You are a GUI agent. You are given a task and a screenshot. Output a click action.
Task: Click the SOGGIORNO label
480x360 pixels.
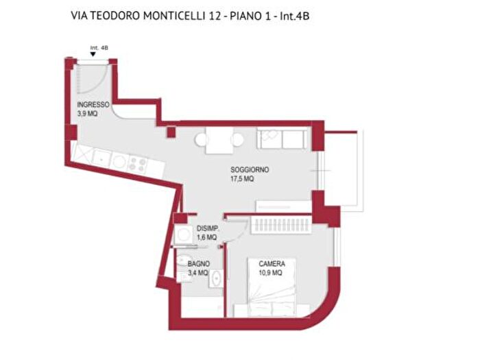pos(250,169)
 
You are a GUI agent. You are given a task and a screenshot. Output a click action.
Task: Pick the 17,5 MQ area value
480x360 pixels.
pos(242,178)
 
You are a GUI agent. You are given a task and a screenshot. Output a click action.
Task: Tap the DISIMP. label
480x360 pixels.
pos(208,228)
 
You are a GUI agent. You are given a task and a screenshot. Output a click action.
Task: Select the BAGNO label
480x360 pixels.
pos(200,263)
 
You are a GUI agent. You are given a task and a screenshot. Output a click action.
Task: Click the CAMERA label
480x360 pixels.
pos(272,264)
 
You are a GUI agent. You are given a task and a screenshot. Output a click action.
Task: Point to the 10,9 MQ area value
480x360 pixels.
pos(272,273)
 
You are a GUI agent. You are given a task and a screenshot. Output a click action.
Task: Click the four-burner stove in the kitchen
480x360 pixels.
pos(136,164)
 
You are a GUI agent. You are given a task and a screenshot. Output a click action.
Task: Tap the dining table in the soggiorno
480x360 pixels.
pos(219,140)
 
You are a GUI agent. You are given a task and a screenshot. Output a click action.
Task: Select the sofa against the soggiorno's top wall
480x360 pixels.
pos(282,139)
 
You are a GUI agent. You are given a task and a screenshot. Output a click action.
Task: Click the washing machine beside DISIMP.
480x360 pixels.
pos(183,237)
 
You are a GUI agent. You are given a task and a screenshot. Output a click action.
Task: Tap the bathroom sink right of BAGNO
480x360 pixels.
pos(215,278)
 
